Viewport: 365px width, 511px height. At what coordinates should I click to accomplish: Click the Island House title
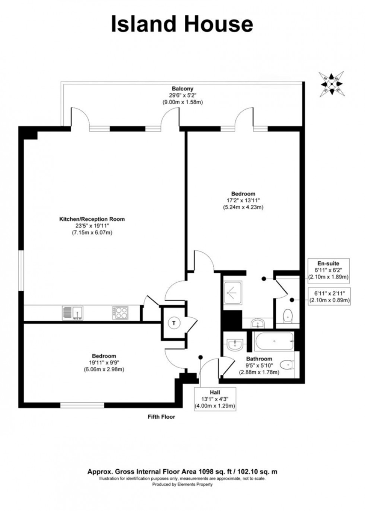182,24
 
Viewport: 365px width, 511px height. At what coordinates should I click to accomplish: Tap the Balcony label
182,89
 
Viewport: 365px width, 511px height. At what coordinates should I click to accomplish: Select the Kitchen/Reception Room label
92,219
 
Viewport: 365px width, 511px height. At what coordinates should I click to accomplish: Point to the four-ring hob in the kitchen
120,312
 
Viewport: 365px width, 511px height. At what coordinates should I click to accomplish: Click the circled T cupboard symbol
174,323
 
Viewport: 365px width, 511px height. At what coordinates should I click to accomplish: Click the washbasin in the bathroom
234,343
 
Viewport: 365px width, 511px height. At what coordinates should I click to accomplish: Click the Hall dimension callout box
215,399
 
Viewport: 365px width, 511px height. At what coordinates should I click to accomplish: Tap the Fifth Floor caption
161,417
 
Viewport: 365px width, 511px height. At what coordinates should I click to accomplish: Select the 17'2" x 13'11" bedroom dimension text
243,200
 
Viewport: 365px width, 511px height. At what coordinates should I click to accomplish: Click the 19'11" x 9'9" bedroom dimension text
104,363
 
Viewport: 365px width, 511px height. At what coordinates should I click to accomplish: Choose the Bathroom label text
259,359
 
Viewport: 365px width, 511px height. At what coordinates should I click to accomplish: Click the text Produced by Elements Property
182,485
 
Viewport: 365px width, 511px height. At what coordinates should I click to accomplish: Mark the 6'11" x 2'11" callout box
329,296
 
